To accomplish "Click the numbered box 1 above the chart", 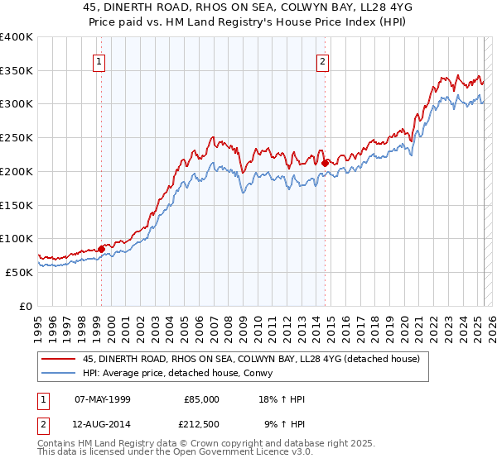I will (x=99, y=60).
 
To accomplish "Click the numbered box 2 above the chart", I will (x=322, y=60).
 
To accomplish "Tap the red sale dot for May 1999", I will (x=101, y=248).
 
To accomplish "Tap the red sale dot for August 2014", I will (x=325, y=162).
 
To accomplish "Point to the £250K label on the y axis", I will (x=17, y=138).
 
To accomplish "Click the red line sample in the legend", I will (x=58, y=359).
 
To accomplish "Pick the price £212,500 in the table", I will (x=203, y=423).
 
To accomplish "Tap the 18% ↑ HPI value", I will (x=282, y=399).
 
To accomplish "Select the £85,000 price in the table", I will (x=203, y=399).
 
